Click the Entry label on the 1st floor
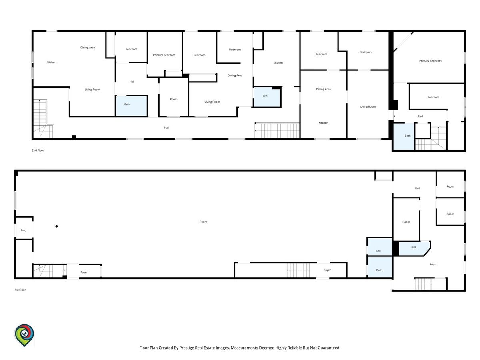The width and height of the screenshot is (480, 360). pos(24,230)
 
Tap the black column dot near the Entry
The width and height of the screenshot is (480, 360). pos(56,226)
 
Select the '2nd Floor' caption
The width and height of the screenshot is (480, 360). pos(38,150)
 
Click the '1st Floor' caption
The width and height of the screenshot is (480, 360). pos(20,290)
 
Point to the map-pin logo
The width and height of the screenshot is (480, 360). pos(24,335)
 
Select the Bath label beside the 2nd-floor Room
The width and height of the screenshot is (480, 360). pos(127,104)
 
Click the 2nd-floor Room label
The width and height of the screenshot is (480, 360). pos(174,99)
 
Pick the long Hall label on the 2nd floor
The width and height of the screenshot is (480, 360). pos(167,128)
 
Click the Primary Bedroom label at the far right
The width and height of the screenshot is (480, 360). pos(430,61)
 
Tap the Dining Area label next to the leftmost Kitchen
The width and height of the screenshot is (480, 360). pos(88,48)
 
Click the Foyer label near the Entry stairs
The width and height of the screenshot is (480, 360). pos(84,272)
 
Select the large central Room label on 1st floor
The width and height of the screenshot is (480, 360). pos(203,222)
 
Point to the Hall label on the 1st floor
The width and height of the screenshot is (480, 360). pos(418,188)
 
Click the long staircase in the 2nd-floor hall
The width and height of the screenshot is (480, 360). pos(277,130)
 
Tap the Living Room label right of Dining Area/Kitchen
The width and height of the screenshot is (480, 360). pos(368,107)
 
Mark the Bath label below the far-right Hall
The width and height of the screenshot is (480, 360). pos(408,136)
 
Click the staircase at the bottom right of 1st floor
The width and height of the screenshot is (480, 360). pos(423,284)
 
